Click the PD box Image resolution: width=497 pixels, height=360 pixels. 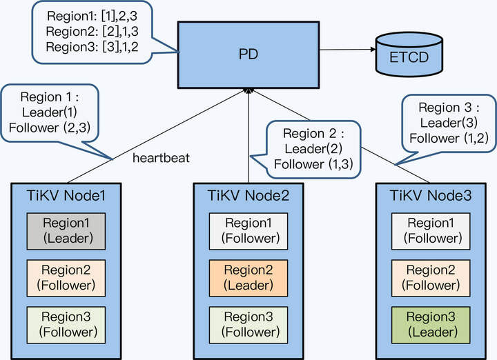tap(248, 53)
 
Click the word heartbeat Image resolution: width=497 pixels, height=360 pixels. tap(161, 158)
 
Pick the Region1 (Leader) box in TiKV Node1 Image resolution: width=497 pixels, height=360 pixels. tap(66, 231)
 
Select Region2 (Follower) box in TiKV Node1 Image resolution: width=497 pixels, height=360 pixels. tap(66, 277)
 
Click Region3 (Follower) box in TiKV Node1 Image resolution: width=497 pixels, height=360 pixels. tap(66, 323)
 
